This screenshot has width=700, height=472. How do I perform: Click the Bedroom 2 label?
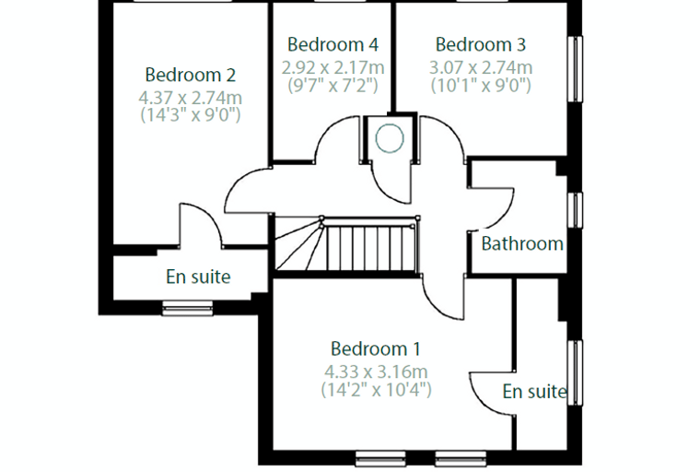190,75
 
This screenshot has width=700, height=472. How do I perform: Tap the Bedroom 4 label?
332,44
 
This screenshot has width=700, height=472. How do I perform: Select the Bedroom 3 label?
481,44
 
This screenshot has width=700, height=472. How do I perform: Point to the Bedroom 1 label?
376,348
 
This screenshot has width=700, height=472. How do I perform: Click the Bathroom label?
522,243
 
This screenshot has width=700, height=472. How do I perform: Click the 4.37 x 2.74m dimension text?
190,98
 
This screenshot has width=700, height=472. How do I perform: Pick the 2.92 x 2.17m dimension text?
332,67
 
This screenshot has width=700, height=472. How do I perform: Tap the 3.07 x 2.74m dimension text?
481,67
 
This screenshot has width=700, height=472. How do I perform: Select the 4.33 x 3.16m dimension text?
376,372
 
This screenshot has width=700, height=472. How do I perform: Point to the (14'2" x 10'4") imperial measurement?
376,389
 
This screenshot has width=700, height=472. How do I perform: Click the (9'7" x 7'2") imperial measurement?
332,85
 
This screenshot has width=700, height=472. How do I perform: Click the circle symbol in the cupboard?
390,138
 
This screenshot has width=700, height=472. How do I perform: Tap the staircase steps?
346,244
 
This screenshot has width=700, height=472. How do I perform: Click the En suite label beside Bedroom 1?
534,392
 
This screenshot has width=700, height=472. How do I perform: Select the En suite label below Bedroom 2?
198,277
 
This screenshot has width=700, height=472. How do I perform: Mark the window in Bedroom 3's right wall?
575,69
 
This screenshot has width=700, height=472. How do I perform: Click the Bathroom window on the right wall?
575,210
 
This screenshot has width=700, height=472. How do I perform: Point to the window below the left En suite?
188,309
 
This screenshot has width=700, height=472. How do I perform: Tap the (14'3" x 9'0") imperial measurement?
190,115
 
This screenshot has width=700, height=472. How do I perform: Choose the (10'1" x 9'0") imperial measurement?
481,85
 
